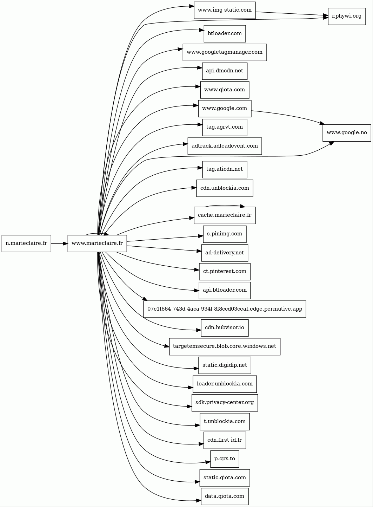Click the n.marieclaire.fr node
26,243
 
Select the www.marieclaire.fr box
97,243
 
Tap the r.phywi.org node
347,17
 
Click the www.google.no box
347,133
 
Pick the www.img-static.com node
225,10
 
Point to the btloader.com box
225,34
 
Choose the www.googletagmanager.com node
225,52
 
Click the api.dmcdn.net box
225,71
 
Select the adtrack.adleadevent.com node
225,146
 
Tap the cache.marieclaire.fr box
225,215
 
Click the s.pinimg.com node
225,234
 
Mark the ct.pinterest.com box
225,272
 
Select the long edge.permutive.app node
225,309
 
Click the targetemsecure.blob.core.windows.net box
225,346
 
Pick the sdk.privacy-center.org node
225,403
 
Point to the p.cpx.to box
225,459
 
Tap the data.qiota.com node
225,496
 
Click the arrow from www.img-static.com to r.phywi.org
291,14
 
